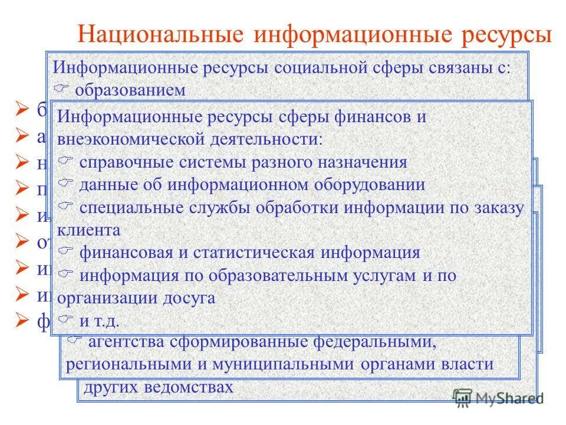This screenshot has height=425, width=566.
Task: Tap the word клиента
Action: coord(89,230)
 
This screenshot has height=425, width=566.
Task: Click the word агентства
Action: coord(127,342)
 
